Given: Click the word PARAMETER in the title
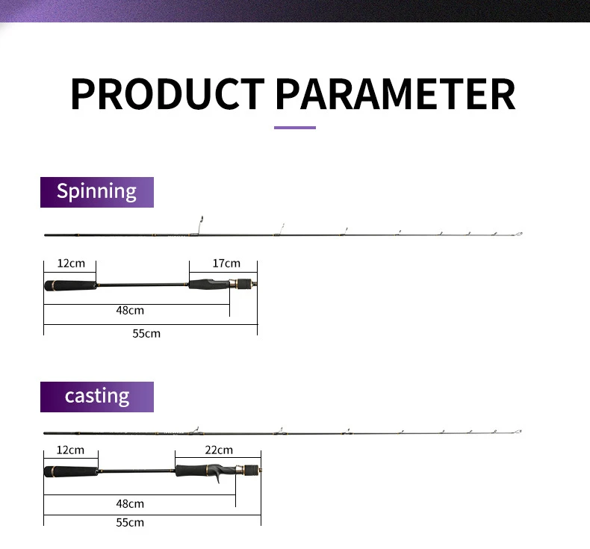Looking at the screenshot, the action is pos(396,93).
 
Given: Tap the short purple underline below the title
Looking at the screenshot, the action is pos(294,128).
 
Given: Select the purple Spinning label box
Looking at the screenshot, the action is pos(97,192).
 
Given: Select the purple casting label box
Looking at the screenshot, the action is pos(97,397).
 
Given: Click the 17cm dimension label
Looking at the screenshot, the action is pos(226,264).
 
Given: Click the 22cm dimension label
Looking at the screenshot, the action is pos(219,450).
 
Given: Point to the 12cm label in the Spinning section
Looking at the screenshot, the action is pos(71,264).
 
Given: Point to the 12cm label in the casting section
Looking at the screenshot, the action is pos(70,450).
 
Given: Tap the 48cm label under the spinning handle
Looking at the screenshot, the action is pos(130,311).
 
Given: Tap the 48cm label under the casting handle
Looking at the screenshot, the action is pos(130,504).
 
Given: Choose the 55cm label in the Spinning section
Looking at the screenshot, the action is pos(146,333).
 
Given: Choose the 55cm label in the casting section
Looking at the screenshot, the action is pos(130,523).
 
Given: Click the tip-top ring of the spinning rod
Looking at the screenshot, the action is pos(520,234).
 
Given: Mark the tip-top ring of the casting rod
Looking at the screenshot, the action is pos(520,431).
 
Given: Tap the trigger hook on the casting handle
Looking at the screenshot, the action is pos(217,480).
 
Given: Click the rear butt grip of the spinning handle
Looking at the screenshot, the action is pos(71,285).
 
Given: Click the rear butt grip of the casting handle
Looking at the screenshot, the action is pos(72,471).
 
